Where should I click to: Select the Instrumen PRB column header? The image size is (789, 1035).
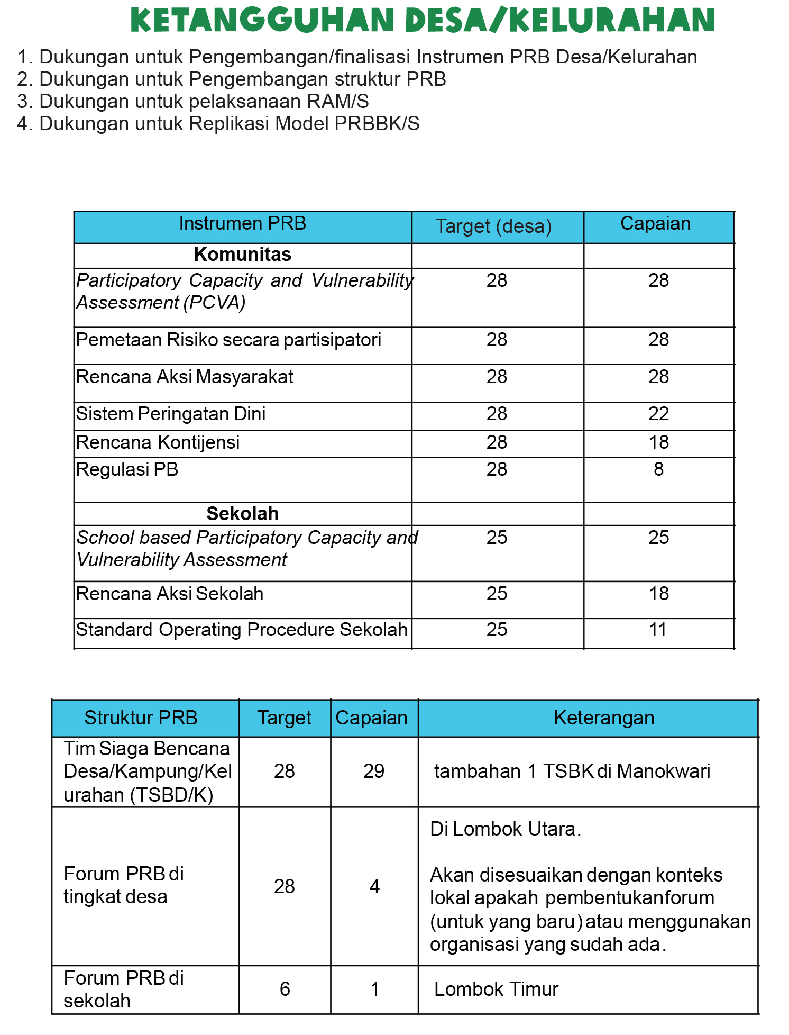[242, 224]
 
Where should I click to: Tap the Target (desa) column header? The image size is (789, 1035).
[493, 226]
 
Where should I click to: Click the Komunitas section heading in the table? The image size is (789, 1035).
[242, 255]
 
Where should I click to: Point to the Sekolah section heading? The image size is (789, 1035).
[242, 514]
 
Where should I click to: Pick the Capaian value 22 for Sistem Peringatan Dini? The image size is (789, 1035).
[658, 414]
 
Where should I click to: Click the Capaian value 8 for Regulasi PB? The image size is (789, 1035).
[658, 469]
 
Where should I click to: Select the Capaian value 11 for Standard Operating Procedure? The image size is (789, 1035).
[658, 630]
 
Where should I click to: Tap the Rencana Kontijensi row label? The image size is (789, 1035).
[158, 442]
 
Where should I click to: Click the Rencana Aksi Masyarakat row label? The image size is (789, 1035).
[185, 377]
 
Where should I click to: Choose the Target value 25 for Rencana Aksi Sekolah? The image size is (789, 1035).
[497, 594]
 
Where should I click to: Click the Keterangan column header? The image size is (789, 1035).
[604, 718]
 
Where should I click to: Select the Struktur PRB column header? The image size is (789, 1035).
[141, 718]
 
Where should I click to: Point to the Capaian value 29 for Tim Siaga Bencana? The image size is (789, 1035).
[373, 771]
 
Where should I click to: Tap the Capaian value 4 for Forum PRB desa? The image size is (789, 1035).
[374, 886]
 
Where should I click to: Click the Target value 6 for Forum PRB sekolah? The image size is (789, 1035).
[285, 989]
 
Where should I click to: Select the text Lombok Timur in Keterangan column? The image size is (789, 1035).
[496, 989]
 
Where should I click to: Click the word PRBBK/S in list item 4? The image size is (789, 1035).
[377, 123]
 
